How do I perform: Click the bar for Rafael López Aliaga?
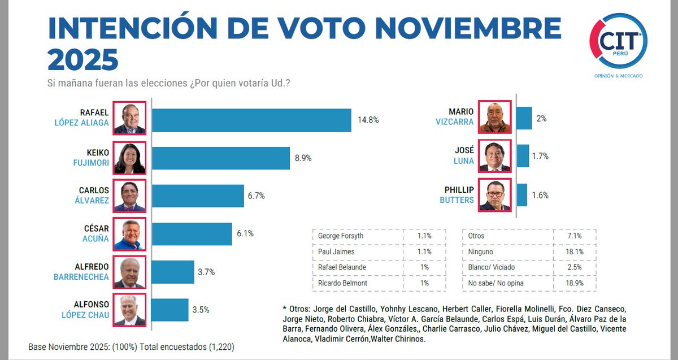(251, 120)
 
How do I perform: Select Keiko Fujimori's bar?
(221, 158)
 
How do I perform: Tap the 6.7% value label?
(256, 196)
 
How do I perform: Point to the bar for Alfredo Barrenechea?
(173, 272)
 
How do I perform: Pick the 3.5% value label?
(201, 310)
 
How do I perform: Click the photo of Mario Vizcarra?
(495, 118)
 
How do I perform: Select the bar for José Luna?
(523, 156)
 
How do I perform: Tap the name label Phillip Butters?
(457, 195)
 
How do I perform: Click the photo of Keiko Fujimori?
(129, 158)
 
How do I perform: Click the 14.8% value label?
(368, 120)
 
